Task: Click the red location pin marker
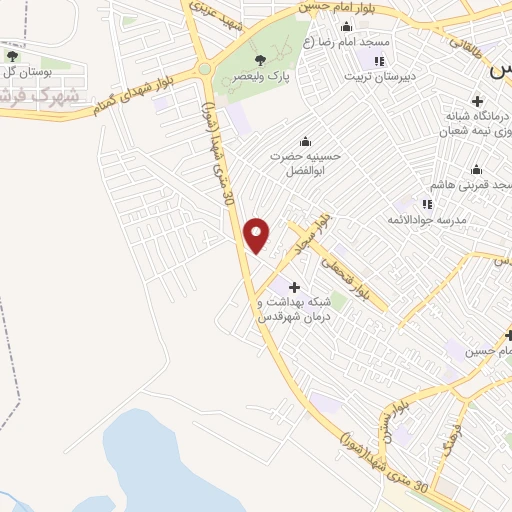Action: coord(257,235)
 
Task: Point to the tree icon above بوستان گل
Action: coord(12,57)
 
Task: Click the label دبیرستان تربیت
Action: coord(378,76)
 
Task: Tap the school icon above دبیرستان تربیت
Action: coord(378,61)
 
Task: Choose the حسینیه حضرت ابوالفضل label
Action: coord(306,163)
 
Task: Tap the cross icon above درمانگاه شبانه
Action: coord(477,101)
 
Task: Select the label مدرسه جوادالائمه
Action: coord(431,218)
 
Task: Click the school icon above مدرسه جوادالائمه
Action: coord(427,203)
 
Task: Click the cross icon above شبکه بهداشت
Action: coord(294,288)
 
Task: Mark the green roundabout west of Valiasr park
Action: coord(204,69)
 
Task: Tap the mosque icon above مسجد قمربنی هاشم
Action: coord(476,169)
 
